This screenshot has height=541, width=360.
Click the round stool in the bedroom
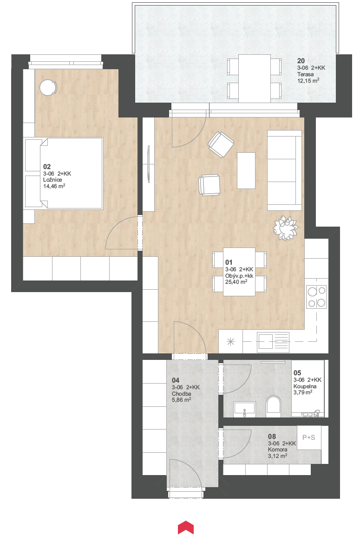[48, 87]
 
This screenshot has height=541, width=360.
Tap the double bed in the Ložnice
[64, 173]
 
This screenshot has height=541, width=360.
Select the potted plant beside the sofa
[286, 228]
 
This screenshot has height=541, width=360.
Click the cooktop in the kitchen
[316, 297]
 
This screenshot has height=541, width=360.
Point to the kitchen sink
[273, 342]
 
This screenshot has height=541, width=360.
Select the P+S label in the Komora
[308, 437]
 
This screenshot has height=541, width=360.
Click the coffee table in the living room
[246, 170]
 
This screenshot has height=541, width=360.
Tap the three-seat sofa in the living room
[284, 170]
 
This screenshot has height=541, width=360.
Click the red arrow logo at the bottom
[186, 528]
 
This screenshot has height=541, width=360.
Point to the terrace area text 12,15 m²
[308, 81]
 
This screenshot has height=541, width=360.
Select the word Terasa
[306, 74]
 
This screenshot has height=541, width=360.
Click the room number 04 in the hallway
[176, 380]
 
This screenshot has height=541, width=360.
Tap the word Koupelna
[305, 386]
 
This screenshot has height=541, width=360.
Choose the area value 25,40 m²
[236, 282]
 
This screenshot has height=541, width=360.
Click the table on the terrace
[255, 78]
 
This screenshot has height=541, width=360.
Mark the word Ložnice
[52, 180]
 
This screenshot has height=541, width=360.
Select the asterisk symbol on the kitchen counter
[230, 342]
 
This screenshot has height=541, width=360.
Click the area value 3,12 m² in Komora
[277, 456]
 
